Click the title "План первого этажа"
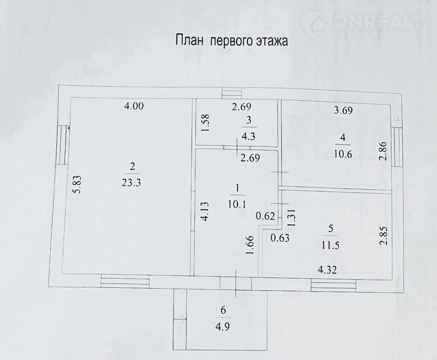click(232, 41)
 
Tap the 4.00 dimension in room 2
click(134, 106)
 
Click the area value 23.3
click(131, 183)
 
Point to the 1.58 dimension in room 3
click(205, 123)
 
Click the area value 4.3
click(249, 137)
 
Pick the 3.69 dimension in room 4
click(343, 110)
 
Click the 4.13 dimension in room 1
click(205, 212)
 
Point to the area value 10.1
click(236, 205)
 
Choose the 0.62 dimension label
click(265, 216)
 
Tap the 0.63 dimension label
click(280, 238)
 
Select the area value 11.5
click(331, 245)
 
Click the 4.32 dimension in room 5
click(327, 269)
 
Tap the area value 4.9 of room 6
click(223, 326)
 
